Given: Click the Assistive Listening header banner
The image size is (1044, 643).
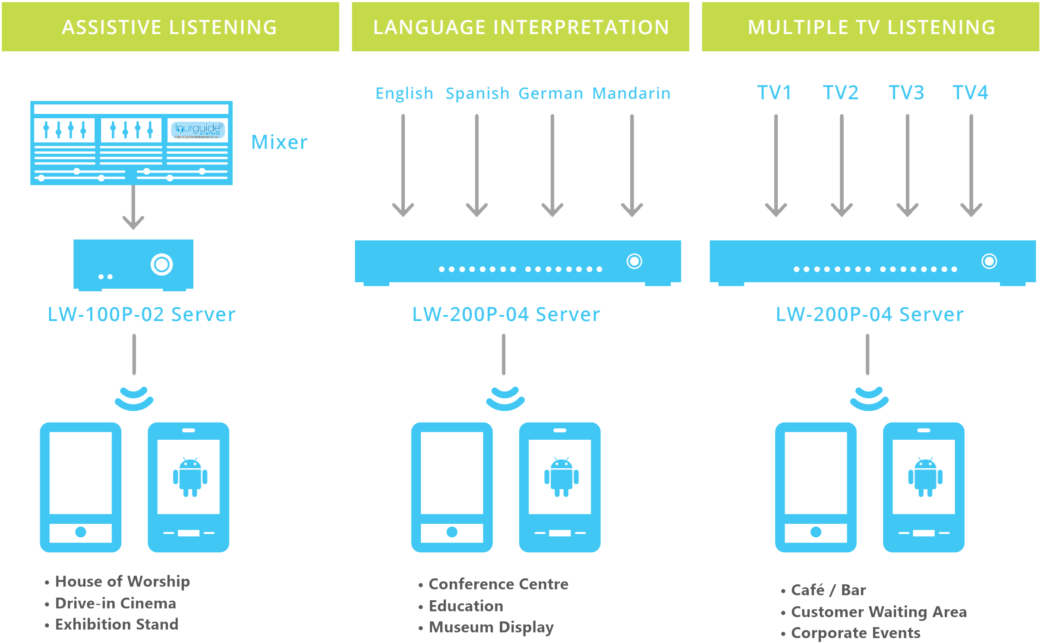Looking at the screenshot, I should pyautogui.click(x=170, y=27).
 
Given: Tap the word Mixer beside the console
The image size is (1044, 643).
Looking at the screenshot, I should pyautogui.click(x=279, y=142).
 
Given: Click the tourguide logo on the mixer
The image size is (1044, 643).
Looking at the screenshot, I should pyautogui.click(x=198, y=129).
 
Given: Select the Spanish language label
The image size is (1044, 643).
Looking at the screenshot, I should pyautogui.click(x=477, y=93).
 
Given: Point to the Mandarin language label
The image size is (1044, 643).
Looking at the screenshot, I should pyautogui.click(x=631, y=93).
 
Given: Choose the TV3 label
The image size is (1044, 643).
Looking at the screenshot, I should pyautogui.click(x=906, y=92).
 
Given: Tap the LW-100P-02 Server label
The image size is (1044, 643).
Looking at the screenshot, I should pyautogui.click(x=142, y=314).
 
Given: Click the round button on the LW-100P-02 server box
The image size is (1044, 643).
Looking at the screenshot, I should pyautogui.click(x=161, y=264).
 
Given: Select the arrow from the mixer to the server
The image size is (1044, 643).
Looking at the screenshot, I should pyautogui.click(x=133, y=207).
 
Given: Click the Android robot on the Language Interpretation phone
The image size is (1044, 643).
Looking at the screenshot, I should pyautogui.click(x=561, y=477).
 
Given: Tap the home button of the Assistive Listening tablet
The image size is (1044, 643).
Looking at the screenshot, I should pyautogui.click(x=81, y=532).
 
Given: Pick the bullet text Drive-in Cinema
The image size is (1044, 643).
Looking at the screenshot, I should pyautogui.click(x=116, y=603).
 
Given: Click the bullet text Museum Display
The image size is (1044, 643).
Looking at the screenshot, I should pyautogui.click(x=491, y=627).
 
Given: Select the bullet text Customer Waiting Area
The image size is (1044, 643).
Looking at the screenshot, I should pyautogui.click(x=878, y=611).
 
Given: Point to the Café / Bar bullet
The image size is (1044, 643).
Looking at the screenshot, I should pyautogui.click(x=828, y=590).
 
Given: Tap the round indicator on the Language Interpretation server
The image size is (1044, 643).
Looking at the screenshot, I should pyautogui.click(x=634, y=261).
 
